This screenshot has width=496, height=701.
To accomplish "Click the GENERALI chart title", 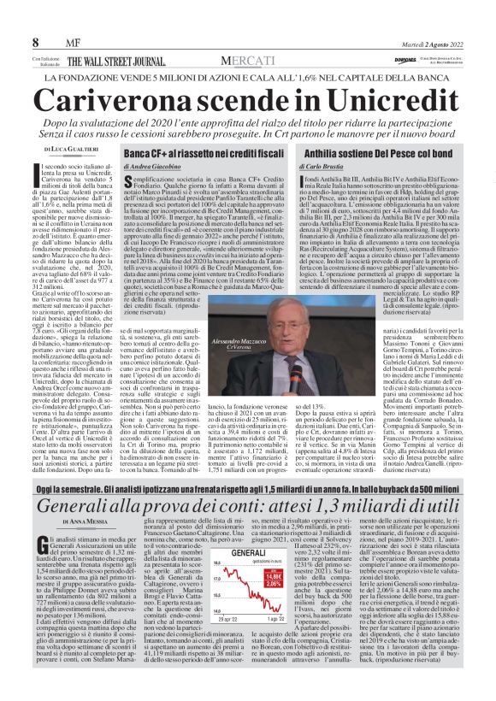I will click(x=246, y=578).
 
